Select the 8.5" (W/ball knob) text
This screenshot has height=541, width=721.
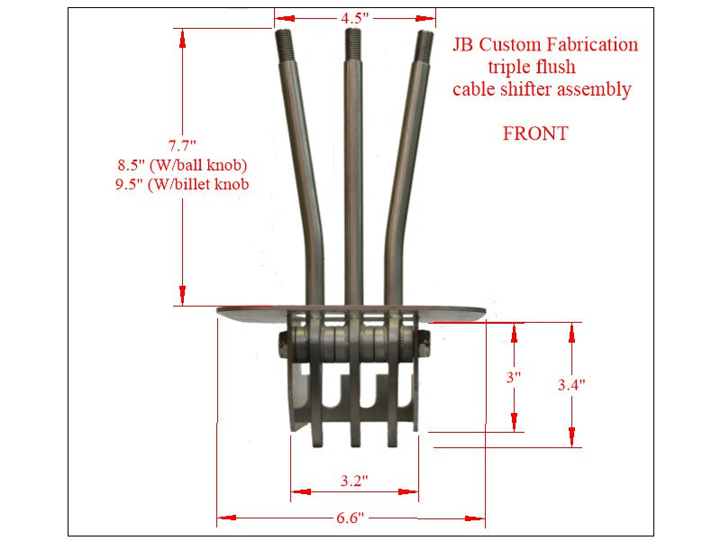[182, 165]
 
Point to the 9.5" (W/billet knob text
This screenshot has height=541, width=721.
[182, 185]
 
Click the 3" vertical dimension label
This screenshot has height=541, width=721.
[514, 378]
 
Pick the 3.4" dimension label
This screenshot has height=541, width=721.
[571, 384]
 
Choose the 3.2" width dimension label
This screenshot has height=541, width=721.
[353, 481]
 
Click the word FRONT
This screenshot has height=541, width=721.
[535, 134]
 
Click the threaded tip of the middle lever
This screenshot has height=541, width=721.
[350, 40]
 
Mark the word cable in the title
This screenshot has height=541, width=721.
[474, 89]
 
